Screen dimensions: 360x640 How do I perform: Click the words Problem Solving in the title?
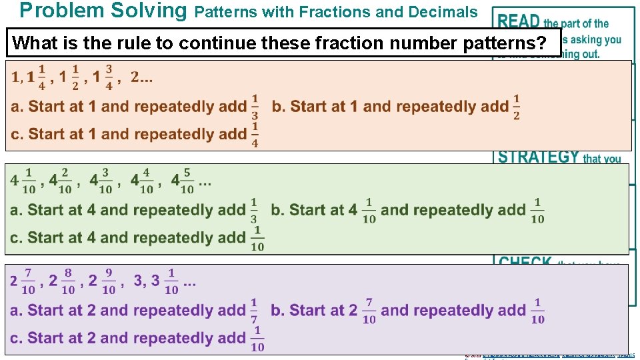pos(103,11)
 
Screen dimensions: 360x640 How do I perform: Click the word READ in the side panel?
pos(519,21)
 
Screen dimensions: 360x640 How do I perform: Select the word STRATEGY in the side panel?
pos(539,157)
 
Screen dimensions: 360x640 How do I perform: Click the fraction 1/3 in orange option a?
pos(255,107)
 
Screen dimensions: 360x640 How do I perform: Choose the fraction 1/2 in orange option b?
pos(516,107)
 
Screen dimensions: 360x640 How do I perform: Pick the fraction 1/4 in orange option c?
pos(255,134)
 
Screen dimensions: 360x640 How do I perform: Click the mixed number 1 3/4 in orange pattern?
pos(103,77)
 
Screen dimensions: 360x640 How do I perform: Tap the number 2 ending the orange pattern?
pos(135,77)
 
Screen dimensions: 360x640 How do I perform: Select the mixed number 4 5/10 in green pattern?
pos(182,181)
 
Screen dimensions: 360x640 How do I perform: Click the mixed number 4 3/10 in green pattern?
pos(101,181)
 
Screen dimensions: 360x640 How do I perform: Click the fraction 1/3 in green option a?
pos(254,210)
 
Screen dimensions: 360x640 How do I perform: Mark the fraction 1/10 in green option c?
pos(257,238)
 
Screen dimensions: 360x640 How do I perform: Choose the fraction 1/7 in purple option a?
pos(254,311)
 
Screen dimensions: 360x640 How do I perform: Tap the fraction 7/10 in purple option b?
pos(369,311)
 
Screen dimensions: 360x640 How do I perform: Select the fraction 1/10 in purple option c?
pos(257,339)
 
